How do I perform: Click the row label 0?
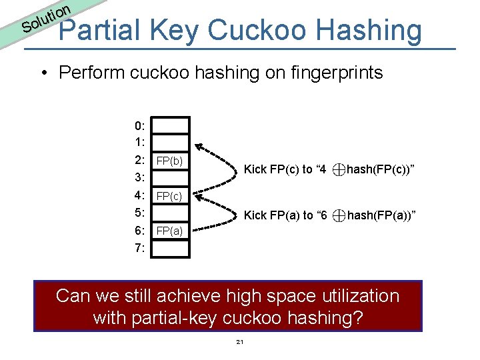140,126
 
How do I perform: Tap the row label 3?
140,178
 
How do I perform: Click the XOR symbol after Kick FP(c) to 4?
339,170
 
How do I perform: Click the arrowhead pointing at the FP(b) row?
199,150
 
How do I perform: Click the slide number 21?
239,342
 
